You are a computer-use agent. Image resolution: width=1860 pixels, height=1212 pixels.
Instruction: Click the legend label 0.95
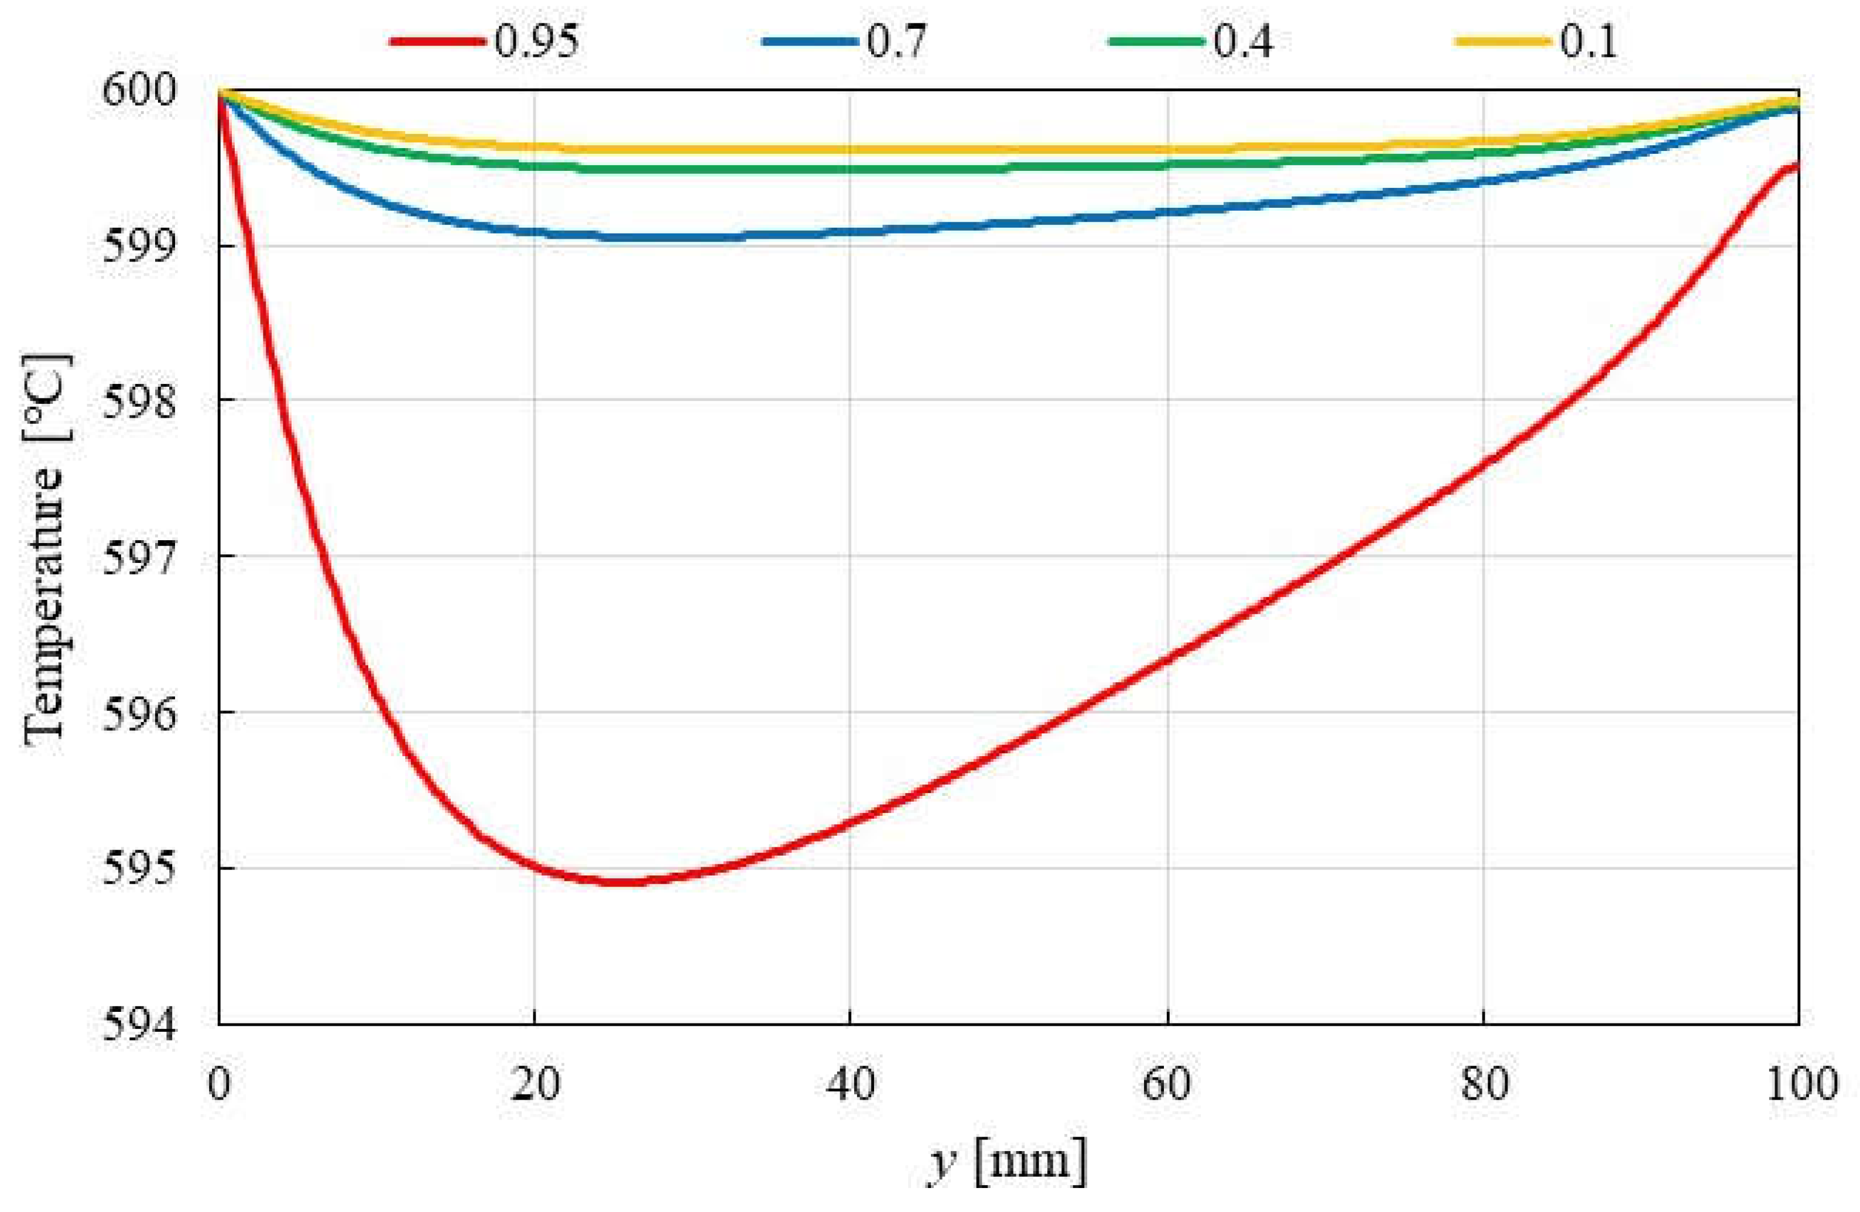[537, 40]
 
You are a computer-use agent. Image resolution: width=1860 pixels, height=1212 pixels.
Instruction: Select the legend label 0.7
[896, 40]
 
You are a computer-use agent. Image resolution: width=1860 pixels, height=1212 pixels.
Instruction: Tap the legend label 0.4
[1242, 40]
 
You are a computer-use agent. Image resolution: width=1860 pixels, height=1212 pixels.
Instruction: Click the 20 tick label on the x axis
[535, 1084]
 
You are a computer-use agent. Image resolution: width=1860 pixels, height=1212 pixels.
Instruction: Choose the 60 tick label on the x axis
[1167, 1084]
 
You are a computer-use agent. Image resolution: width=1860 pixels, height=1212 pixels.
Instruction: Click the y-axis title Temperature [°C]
[47, 550]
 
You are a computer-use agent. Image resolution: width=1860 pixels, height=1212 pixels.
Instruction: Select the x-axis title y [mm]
[1008, 1162]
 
